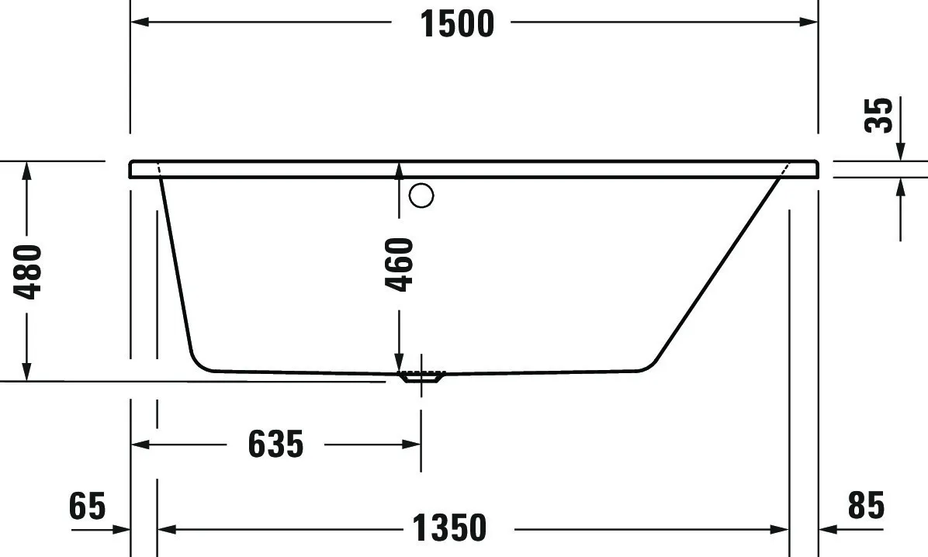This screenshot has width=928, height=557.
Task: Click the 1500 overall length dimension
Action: [x=457, y=23]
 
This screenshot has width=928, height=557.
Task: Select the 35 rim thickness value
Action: [x=880, y=115]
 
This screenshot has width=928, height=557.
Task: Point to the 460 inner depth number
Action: [x=400, y=265]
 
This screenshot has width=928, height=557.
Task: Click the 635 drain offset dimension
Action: [x=275, y=445]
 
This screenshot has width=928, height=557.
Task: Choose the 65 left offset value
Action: [x=87, y=507]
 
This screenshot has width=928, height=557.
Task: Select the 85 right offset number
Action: [x=866, y=507]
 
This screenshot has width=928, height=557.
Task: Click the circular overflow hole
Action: [x=421, y=196]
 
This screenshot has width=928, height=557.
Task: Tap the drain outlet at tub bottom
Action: [x=421, y=378]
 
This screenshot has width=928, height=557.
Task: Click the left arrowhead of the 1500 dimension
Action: [x=139, y=22]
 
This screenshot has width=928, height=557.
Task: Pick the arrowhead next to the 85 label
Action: [x=828, y=529]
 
